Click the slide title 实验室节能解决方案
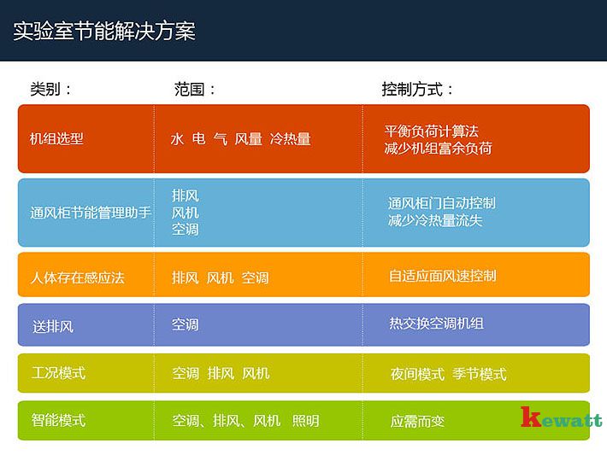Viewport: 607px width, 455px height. [x=104, y=32]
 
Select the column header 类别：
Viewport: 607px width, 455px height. [x=51, y=89]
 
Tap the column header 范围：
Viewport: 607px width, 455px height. [x=195, y=89]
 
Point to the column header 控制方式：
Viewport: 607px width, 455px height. [x=417, y=89]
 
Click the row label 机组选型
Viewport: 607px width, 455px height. [x=57, y=138]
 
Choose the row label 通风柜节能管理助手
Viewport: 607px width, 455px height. [x=91, y=213]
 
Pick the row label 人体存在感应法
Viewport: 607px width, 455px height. [x=78, y=277]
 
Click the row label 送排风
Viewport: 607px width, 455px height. [x=53, y=326]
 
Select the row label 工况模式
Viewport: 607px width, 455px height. [x=58, y=373]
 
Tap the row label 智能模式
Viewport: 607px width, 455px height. [x=58, y=420]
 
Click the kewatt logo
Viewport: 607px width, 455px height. [x=561, y=419]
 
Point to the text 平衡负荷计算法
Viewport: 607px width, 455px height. [x=432, y=131]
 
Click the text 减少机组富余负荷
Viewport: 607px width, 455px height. [x=439, y=148]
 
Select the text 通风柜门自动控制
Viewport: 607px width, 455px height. [x=442, y=203]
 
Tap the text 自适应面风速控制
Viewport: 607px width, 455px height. [x=443, y=276]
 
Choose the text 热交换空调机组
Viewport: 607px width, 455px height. [x=436, y=324]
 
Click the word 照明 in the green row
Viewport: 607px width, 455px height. [x=305, y=421]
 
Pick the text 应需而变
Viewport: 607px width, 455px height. [x=417, y=422]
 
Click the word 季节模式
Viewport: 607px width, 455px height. [x=479, y=374]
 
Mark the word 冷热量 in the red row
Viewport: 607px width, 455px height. [x=290, y=138]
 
